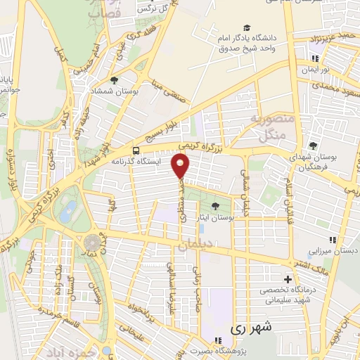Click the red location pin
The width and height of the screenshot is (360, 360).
(181, 165)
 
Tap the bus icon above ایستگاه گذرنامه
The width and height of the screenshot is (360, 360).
(136, 150)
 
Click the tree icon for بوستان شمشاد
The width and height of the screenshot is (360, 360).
(115, 80)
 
